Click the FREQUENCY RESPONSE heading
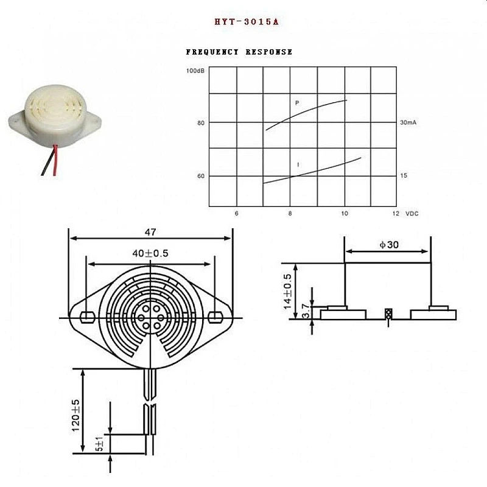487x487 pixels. [239, 52]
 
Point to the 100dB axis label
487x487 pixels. [195, 71]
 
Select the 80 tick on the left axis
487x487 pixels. [201, 123]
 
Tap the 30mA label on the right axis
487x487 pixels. [407, 123]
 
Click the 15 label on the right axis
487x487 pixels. [403, 175]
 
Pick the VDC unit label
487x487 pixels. [412, 214]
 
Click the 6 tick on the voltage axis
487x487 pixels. [236, 214]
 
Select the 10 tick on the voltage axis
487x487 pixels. [345, 214]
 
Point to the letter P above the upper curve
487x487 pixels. [297, 103]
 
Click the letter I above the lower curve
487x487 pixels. [298, 165]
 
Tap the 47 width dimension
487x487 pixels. [151, 232]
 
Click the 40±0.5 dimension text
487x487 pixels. [150, 253]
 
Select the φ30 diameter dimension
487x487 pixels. [388, 245]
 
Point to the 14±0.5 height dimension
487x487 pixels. [288, 291]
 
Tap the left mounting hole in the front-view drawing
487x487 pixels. [87, 317]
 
